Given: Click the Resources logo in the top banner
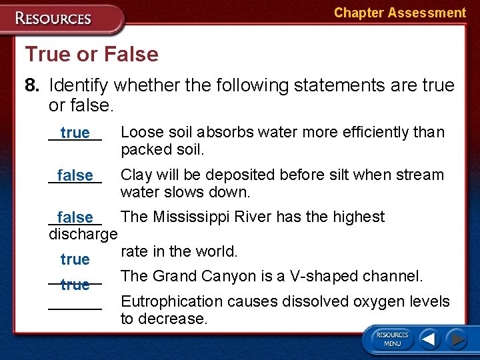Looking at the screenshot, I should coord(53,18).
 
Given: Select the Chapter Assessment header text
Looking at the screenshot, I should coord(399,13).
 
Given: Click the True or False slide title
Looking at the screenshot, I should coord(91,54).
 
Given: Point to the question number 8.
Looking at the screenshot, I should coord(32,85).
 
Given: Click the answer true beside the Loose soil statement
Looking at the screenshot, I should coord(75,133).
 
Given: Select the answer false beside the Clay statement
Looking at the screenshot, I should coord(75,176).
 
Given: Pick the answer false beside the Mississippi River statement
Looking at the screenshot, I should coord(75,218).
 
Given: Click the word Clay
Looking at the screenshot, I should coord(136,175).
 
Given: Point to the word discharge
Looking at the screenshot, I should coord(83,235).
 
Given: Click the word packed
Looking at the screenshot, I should coord(142,149).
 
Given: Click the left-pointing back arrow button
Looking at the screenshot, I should coord(429,339).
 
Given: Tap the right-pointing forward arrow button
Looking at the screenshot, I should coord(457,339).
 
